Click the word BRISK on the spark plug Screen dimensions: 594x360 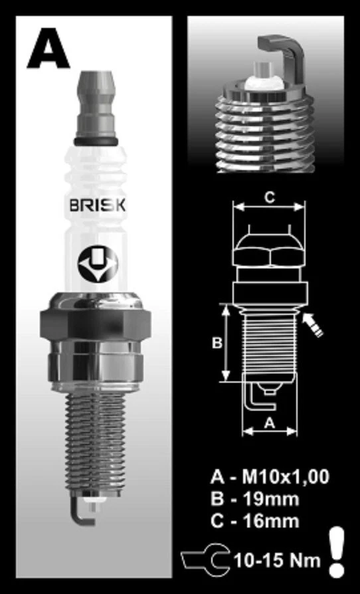pyautogui.click(x=97, y=205)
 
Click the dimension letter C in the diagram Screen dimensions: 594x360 pyautogui.click(x=268, y=197)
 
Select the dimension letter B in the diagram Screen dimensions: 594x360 pyautogui.click(x=217, y=343)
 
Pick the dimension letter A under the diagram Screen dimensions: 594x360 pyautogui.click(x=269, y=422)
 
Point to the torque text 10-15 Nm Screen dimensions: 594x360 pyautogui.click(x=276, y=560)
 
